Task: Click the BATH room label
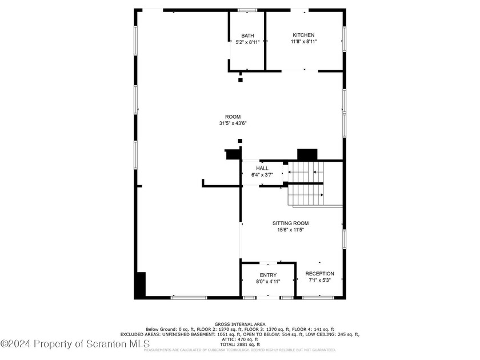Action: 247,35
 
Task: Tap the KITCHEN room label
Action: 303,35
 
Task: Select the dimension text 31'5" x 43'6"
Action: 233,123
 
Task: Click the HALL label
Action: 262,168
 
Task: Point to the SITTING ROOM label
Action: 290,223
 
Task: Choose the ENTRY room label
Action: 268,275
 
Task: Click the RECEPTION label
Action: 319,274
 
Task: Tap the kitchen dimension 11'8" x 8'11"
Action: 303,42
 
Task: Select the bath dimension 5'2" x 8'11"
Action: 247,42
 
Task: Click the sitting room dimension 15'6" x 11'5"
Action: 290,230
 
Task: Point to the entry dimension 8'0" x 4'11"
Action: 268,282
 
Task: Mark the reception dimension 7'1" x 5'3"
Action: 319,281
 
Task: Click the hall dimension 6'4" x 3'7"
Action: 262,175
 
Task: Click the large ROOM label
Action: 233,117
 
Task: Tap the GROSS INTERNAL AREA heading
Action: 239,324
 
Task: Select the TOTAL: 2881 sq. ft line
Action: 239,345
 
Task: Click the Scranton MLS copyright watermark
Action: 75,343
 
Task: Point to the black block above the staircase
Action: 307,155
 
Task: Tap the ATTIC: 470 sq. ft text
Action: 239,339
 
